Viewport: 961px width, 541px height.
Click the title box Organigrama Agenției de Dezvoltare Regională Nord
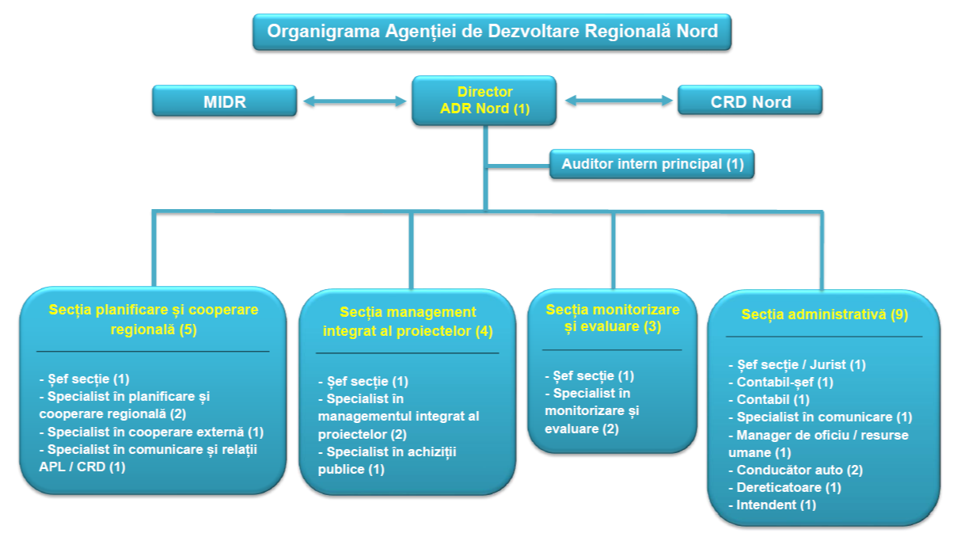492,32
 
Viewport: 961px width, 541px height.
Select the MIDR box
225,101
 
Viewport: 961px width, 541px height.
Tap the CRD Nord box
750,101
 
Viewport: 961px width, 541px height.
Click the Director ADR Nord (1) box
484,101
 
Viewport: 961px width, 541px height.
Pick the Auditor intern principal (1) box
652,165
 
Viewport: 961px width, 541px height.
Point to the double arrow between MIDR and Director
355,101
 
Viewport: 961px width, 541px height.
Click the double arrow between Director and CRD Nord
618,101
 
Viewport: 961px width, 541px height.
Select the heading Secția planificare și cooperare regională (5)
154,319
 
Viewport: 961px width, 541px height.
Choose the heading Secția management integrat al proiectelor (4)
408,322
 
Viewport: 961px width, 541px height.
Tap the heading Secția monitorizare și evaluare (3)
613,317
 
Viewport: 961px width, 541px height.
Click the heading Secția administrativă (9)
824,314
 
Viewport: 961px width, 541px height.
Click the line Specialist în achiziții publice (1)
387,460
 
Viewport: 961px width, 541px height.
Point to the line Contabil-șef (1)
781,383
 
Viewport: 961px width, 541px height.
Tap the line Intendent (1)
772,505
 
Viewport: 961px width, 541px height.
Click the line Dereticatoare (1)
784,487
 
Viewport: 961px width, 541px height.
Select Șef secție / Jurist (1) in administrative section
797,365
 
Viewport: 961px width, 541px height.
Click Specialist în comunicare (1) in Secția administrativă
820,417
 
